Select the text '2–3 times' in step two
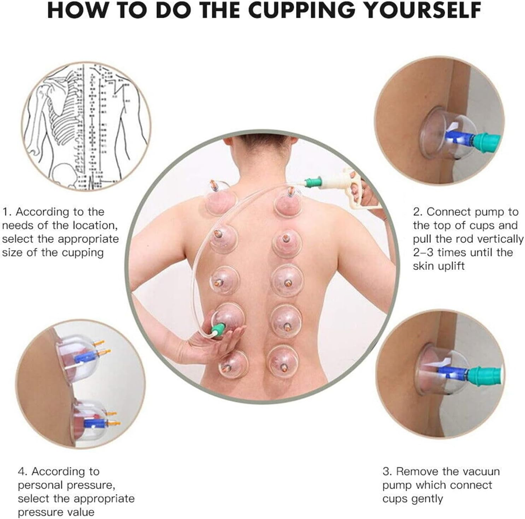pos(440,253)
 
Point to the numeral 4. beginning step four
pos(23,471)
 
